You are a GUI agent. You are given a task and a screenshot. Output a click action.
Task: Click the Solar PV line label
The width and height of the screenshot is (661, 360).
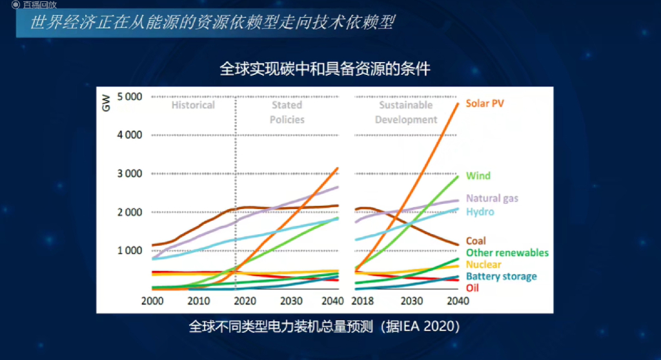tap(485, 103)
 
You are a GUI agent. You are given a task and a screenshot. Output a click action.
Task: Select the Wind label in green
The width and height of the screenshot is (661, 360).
tap(478, 175)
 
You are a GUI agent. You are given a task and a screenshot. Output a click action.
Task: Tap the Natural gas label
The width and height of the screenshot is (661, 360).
tap(492, 199)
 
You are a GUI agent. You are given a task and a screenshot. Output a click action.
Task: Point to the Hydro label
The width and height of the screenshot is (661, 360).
tap(480, 212)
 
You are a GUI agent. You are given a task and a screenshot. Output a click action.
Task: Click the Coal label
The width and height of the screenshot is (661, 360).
tap(476, 241)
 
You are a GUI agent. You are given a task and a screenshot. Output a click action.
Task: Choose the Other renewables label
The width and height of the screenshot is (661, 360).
tap(507, 253)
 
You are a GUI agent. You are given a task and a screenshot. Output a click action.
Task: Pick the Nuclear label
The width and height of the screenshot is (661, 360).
tap(483, 265)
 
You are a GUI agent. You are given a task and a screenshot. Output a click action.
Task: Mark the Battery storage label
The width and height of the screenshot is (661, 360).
tap(501, 276)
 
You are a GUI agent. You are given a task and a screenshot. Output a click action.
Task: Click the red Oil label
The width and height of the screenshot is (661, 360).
tap(473, 288)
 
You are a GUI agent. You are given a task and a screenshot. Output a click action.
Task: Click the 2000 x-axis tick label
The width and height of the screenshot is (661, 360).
tap(152, 301)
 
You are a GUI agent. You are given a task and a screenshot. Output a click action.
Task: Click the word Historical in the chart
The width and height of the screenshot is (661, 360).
tap(193, 105)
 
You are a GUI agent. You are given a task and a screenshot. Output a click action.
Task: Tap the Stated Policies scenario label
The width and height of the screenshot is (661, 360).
tap(287, 112)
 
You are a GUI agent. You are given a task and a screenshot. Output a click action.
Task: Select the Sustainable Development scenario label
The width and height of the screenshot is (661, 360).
tap(406, 112)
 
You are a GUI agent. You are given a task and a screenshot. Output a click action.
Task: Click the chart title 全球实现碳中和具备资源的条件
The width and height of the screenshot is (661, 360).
tap(325, 68)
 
